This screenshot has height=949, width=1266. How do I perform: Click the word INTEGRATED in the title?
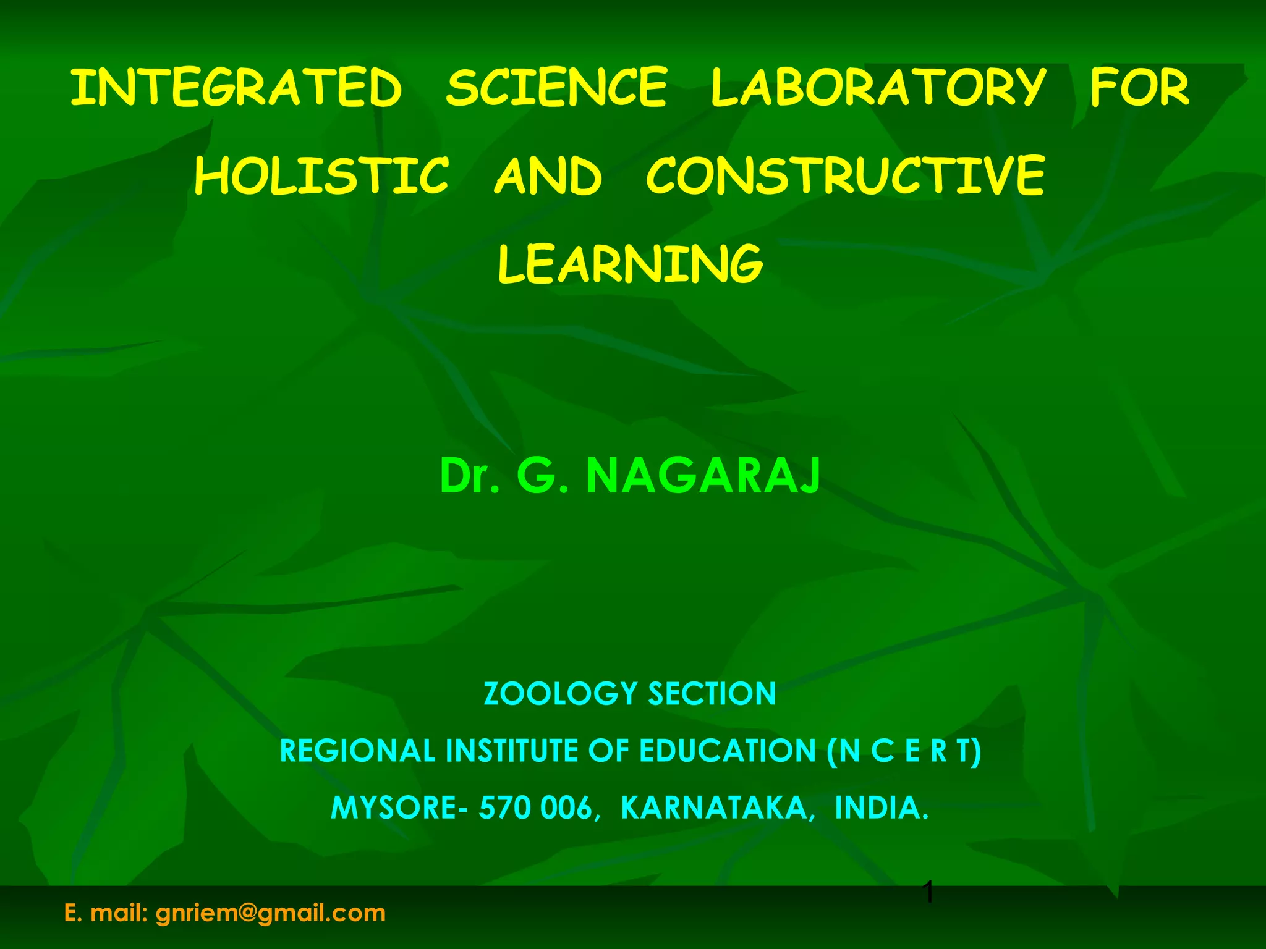pyautogui.click(x=236, y=88)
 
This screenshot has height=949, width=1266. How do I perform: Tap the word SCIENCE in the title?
pyautogui.click(x=556, y=88)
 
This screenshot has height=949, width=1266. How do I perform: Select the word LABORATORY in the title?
pyautogui.click(x=878, y=88)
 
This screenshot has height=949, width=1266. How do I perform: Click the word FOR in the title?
pyautogui.click(x=1139, y=88)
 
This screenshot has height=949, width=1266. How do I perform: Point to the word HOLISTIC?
pyautogui.click(x=321, y=176)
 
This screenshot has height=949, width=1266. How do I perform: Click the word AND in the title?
pyautogui.click(x=548, y=176)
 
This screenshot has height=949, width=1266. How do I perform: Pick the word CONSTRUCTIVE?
pyautogui.click(x=845, y=176)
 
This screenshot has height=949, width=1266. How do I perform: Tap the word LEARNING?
pyautogui.click(x=631, y=264)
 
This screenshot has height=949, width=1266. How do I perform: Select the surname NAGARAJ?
pyautogui.click(x=703, y=476)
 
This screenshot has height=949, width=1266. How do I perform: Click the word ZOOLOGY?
pyautogui.click(x=560, y=694)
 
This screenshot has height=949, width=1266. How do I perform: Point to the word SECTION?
pyautogui.click(x=712, y=694)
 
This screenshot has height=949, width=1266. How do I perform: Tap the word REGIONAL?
pyautogui.click(x=357, y=751)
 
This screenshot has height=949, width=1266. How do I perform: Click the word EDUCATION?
pyautogui.click(x=728, y=751)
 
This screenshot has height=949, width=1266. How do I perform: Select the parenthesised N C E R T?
pyautogui.click(x=904, y=751)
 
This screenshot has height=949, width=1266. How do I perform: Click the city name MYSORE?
pyautogui.click(x=394, y=808)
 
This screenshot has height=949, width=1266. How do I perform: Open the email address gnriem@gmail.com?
pyautogui.click(x=270, y=913)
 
